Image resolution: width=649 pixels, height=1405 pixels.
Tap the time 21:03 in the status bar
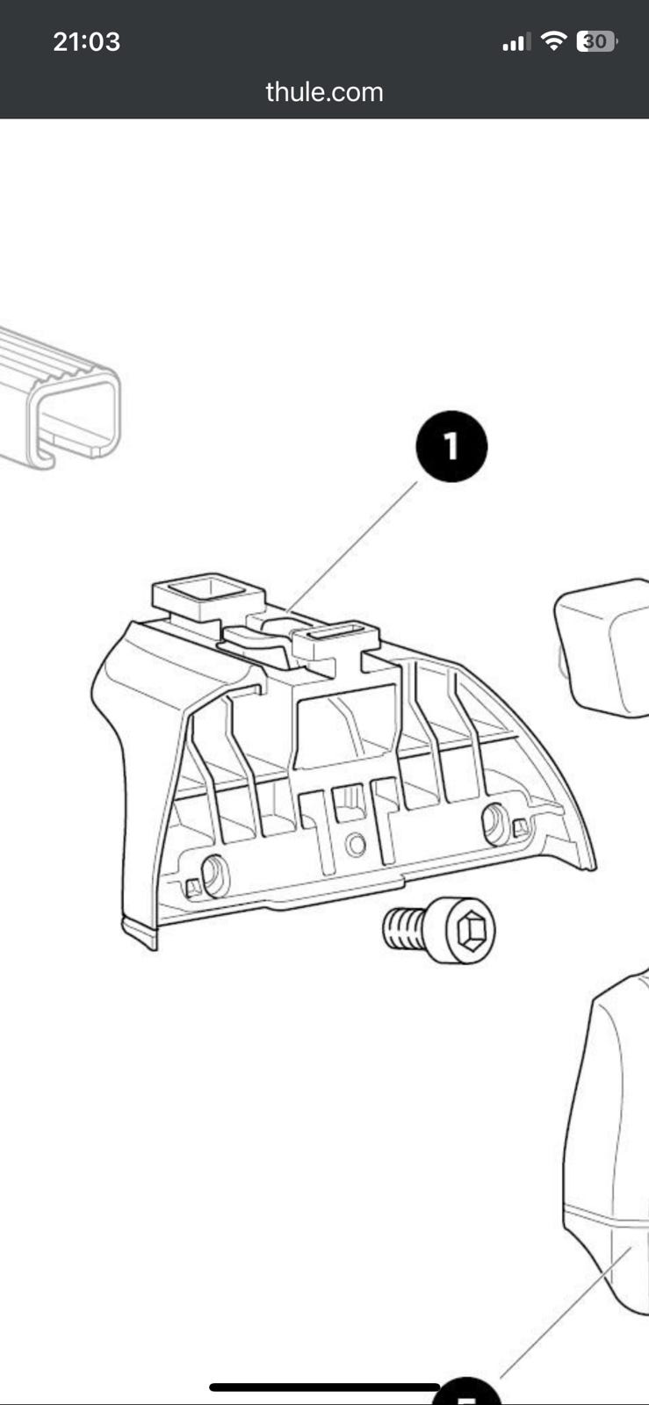click(87, 42)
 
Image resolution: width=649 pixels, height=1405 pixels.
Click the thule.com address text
click(324, 92)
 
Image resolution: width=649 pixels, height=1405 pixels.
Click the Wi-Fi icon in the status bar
click(553, 41)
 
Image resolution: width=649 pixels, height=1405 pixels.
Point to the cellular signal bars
click(516, 42)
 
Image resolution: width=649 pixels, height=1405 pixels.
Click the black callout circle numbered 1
click(451, 446)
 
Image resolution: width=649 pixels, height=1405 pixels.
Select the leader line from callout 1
click(352, 545)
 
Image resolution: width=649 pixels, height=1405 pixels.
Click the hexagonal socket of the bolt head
click(470, 929)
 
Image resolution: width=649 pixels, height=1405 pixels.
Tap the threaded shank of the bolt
click(402, 928)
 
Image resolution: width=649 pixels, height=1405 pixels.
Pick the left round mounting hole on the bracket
click(214, 875)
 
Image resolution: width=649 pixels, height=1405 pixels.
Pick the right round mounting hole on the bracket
click(496, 824)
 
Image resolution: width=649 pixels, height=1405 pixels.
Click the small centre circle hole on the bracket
click(356, 844)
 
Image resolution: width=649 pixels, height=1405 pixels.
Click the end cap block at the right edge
click(602, 647)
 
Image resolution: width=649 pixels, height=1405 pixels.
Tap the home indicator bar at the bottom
click(324, 1387)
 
